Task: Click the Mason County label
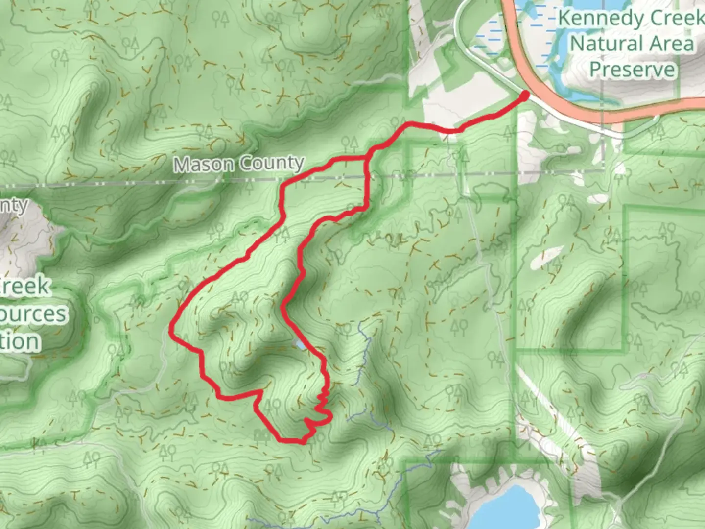click(239, 164)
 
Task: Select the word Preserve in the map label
click(632, 69)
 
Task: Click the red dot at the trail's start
click(524, 96)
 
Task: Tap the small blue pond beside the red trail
click(299, 345)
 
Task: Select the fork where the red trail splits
click(368, 156)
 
